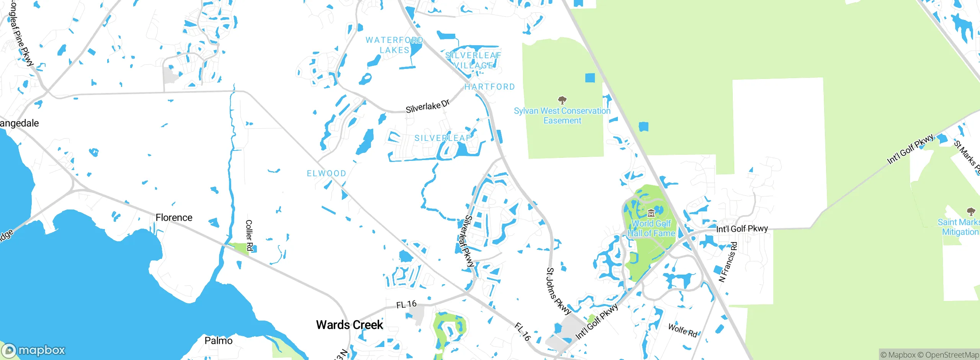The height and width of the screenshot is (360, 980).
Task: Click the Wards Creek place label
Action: [349, 325]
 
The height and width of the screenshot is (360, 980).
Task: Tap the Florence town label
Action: [174, 218]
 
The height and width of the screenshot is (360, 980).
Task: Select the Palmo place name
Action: [218, 340]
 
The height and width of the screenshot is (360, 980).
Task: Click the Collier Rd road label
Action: [249, 235]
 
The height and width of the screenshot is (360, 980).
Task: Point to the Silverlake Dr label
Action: [428, 106]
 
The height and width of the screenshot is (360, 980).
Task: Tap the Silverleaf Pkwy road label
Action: [469, 241]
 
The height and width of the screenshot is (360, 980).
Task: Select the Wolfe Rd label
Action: [683, 330]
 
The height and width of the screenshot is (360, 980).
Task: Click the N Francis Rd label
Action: [728, 262]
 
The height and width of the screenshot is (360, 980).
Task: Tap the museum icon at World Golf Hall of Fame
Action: [651, 213]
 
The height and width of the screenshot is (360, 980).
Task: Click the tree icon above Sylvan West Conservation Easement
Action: [562, 100]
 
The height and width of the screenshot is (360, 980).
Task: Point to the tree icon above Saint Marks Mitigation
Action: [971, 211]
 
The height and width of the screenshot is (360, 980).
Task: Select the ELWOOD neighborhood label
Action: [327, 173]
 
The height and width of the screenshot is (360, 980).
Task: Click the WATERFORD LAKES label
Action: [394, 45]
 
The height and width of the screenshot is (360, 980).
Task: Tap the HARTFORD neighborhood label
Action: [490, 87]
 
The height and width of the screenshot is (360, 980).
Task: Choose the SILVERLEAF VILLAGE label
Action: [473, 61]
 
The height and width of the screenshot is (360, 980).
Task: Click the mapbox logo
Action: [34, 350]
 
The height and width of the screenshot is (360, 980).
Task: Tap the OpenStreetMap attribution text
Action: [952, 355]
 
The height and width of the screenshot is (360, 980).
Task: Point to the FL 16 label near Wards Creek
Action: [406, 304]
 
